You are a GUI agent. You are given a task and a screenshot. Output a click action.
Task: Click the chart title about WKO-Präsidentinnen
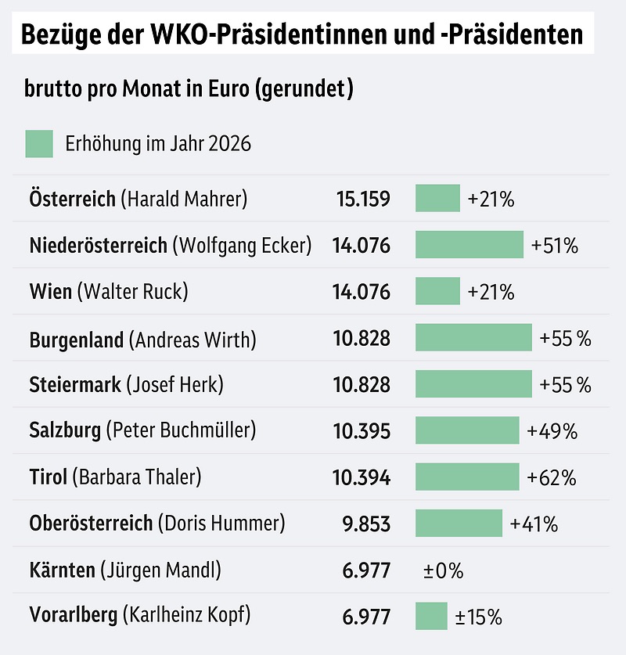301,35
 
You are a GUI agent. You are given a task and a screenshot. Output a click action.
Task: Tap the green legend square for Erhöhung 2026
39,144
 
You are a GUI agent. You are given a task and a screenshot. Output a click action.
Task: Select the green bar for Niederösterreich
469,245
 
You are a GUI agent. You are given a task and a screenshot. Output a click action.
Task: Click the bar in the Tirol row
466,477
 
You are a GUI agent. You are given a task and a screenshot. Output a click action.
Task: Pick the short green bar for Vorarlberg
431,617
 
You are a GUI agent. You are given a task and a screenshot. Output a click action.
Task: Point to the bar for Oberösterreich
459,524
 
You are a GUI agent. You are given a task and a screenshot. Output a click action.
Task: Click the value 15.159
363,199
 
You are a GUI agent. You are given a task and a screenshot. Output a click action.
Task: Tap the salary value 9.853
366,524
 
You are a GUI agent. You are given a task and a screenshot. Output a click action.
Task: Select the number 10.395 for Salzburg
362,430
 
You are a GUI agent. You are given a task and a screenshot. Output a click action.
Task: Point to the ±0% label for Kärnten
443,570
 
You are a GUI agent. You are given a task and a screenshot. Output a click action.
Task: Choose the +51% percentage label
554,246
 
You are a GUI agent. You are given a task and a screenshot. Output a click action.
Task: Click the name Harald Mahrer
184,199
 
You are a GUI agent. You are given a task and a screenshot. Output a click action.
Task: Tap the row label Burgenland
77,340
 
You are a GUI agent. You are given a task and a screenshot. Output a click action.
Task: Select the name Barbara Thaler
137,477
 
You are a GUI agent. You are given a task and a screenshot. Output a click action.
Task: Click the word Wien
50,292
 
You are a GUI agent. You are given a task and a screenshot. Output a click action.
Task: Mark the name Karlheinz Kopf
186,617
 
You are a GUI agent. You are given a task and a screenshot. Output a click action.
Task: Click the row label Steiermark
75,384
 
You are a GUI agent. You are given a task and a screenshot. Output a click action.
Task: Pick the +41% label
534,524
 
